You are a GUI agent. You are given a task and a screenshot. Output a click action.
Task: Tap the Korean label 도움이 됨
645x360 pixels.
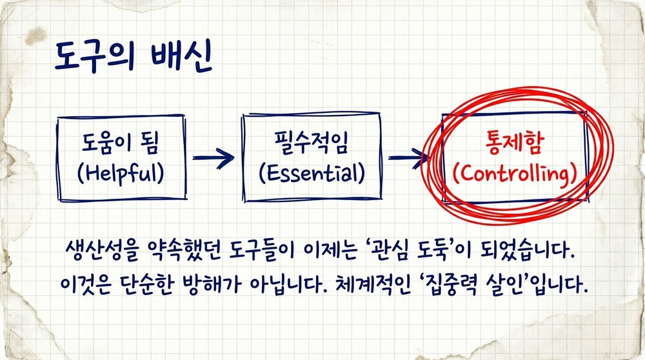123,144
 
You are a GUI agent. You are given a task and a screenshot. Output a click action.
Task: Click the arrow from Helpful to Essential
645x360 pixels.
213,157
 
